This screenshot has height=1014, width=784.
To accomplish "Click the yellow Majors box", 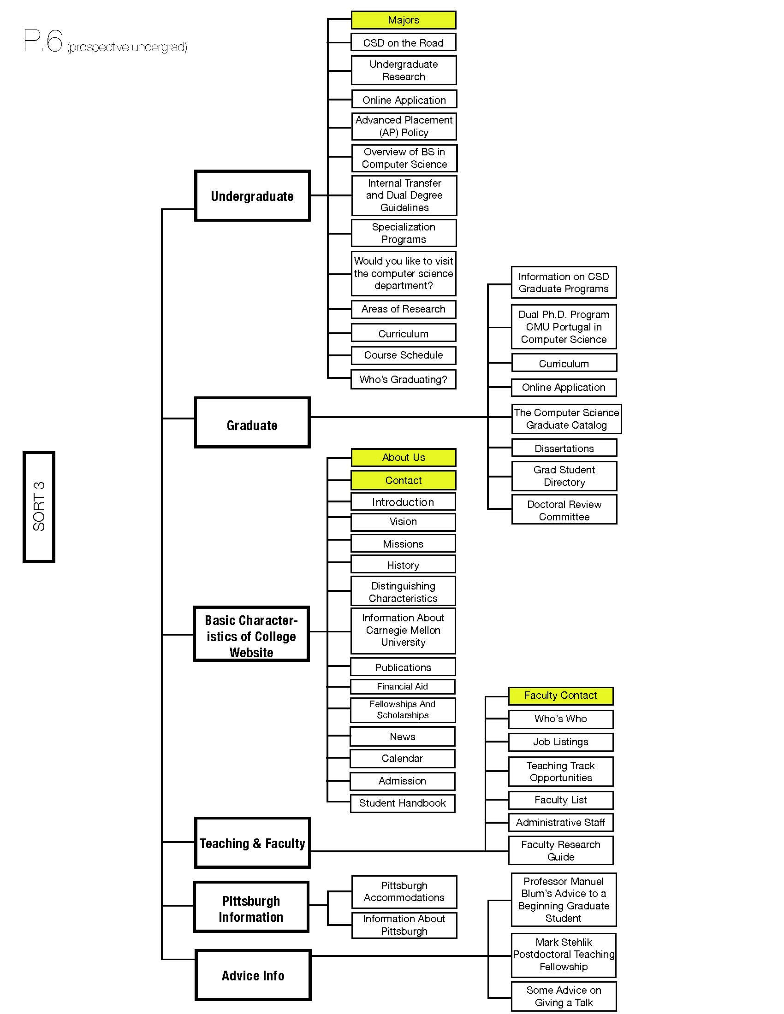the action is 403,20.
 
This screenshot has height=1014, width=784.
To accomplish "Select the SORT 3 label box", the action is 39,507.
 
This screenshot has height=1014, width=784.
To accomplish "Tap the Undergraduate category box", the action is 252,195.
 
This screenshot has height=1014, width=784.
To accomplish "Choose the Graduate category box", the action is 252,423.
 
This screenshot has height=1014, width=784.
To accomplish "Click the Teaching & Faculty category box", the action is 252,843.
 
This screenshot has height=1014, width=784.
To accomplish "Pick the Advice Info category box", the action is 253,975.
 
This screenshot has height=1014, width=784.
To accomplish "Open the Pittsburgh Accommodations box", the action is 404,891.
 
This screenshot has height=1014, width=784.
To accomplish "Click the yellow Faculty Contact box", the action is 561,696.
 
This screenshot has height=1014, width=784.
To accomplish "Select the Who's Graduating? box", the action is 403,379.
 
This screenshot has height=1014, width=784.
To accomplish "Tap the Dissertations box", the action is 564,448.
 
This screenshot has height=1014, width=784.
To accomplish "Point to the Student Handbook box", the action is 402,803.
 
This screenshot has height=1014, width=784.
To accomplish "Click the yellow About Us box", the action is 403,457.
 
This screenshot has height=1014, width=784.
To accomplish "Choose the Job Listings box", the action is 561,742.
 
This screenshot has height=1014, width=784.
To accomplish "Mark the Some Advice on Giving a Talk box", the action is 564,996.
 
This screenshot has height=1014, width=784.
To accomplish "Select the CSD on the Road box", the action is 403,42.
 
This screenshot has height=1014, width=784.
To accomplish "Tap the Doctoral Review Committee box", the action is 564,510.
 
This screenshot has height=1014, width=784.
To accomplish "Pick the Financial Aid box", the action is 402,686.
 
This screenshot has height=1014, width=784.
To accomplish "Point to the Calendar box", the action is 402,759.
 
